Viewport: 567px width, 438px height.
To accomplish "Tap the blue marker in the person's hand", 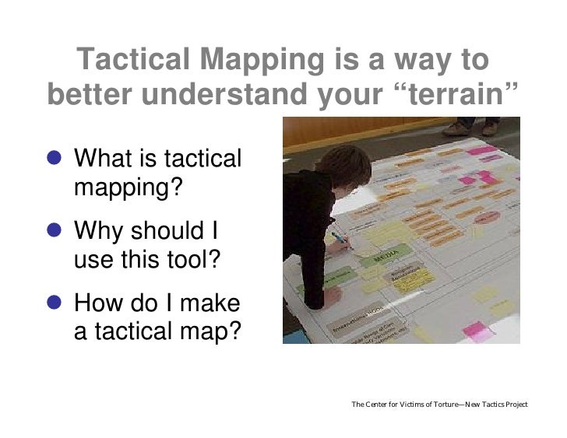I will (x=340, y=237).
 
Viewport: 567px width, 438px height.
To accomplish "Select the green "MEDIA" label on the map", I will (x=382, y=256).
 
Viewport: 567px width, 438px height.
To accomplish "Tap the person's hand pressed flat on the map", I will (x=331, y=295).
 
